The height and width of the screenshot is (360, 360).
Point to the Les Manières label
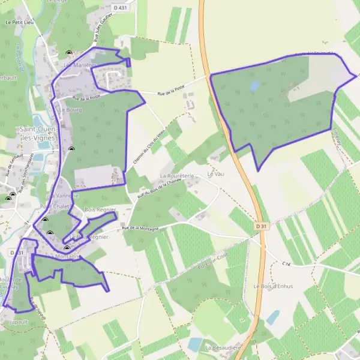click(x=76, y=64)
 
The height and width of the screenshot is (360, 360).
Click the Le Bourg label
click(x=70, y=110)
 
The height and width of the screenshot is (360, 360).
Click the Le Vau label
click(x=215, y=174)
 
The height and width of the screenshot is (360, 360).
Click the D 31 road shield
click(x=259, y=226)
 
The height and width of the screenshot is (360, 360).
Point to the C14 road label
click(x=286, y=263)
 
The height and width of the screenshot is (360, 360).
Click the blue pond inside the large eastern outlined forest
click(x=254, y=85)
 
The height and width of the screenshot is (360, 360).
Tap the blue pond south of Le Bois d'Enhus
click(x=273, y=317)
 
